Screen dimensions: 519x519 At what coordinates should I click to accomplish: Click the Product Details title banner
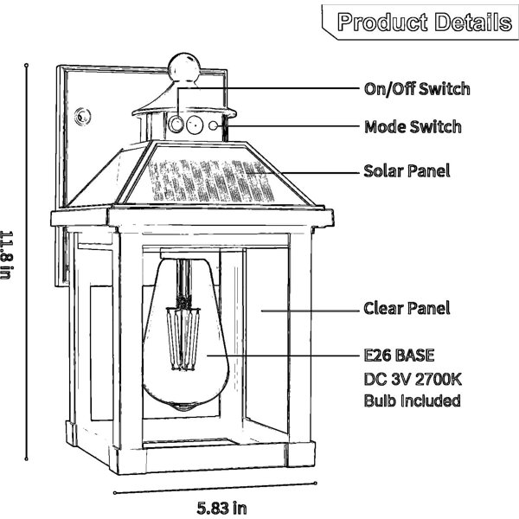tap(420, 22)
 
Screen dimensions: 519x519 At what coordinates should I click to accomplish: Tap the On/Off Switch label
tap(417, 89)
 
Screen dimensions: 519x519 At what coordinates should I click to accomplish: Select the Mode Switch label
tap(413, 127)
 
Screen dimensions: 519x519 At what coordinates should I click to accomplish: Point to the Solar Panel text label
tap(407, 170)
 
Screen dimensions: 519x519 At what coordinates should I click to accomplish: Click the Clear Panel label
tap(407, 308)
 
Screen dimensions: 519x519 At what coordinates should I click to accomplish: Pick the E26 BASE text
tap(399, 356)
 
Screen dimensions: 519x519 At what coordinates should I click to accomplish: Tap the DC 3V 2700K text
tap(413, 379)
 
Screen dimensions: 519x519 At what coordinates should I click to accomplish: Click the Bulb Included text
tap(412, 400)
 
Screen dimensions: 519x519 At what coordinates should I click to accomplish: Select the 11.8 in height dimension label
tap(7, 255)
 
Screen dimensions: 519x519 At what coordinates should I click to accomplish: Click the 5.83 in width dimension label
tap(221, 508)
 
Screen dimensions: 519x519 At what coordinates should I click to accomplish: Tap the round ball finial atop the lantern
tap(184, 67)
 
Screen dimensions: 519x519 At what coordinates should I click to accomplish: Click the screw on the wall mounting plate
tap(82, 116)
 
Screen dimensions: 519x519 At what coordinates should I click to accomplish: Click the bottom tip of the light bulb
tap(185, 409)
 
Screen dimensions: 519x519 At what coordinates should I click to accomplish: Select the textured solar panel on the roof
tap(211, 181)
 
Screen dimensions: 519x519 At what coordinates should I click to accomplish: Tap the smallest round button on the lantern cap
tap(213, 125)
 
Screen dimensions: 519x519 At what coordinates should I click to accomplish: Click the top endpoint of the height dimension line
tap(27, 65)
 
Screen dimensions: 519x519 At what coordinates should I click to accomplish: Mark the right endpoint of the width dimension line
tap(316, 484)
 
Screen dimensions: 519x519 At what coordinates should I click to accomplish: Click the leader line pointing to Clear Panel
tap(311, 311)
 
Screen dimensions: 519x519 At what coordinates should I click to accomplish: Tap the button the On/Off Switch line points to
tap(176, 125)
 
